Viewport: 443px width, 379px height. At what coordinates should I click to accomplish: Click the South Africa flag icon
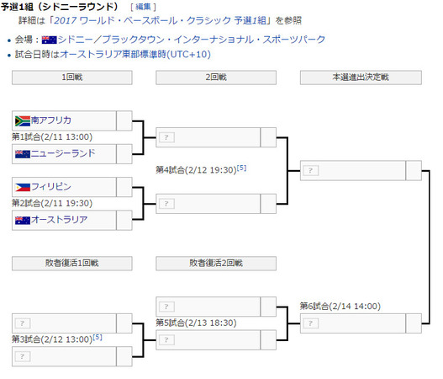coord(23,121)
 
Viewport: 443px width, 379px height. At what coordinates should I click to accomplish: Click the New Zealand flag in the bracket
coord(23,154)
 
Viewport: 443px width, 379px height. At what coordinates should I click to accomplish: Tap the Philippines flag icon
coord(23,187)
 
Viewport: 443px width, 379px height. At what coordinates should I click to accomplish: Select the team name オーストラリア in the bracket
coord(60,220)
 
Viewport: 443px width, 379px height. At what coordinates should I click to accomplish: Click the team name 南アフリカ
coord(51,120)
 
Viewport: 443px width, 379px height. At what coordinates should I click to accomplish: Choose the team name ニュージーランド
coord(63,153)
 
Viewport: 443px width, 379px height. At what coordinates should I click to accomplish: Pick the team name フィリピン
coord(51,186)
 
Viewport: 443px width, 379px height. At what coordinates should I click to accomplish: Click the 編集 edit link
coord(143,7)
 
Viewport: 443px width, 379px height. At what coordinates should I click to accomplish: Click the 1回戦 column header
coord(72,77)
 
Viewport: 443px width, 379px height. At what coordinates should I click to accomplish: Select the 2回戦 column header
coord(216,77)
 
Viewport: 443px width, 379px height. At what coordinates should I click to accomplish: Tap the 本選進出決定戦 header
coord(361,77)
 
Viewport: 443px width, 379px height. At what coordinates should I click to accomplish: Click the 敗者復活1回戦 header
coord(72,264)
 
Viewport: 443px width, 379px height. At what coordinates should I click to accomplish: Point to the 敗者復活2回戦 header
coord(216,264)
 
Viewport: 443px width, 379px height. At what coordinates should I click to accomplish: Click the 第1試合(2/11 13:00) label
coord(52,137)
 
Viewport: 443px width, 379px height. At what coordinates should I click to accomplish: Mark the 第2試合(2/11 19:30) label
coord(52,203)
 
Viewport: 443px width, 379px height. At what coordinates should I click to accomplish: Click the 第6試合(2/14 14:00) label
coord(340,307)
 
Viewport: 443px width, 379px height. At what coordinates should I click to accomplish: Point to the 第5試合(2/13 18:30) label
coord(197,323)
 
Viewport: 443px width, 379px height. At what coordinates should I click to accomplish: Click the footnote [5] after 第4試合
coord(241,168)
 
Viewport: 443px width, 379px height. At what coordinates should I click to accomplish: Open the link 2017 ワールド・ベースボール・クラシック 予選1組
coord(160,20)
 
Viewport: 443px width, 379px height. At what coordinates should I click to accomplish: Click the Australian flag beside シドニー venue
coord(49,40)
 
